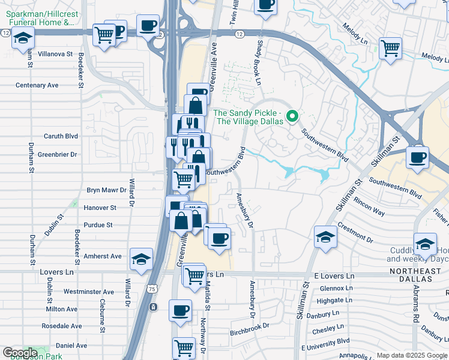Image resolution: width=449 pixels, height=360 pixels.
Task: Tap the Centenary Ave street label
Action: [37, 85]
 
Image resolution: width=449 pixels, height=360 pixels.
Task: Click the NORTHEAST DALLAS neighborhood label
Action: [415, 275]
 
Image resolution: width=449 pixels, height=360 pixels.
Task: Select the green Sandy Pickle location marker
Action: [292, 116]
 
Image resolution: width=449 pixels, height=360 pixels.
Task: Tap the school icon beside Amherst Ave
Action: [141, 259]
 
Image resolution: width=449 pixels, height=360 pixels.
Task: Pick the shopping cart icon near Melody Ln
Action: [390, 47]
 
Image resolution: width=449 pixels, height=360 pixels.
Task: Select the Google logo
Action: [20, 353]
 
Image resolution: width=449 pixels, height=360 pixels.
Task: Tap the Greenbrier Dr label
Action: [58, 154]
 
